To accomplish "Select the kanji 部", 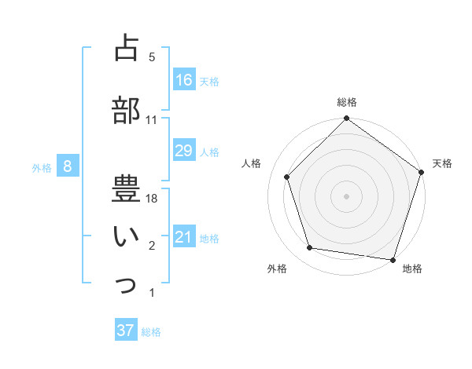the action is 126,110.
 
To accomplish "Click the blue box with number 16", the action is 184,80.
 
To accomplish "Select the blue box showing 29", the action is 184,151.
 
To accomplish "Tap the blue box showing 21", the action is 184,237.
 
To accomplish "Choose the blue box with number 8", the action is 68,166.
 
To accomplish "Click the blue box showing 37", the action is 126,331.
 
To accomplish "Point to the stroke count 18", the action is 152,199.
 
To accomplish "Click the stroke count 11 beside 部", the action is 152,120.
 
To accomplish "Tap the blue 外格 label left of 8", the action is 42,167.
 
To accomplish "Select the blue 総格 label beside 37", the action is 151,332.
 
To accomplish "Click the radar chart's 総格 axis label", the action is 347,102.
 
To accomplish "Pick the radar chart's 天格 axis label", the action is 442,163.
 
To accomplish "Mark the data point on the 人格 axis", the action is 287,177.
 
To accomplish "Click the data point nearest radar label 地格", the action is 393,259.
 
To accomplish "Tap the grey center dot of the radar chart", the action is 346,195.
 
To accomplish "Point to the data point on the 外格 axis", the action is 310,248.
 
